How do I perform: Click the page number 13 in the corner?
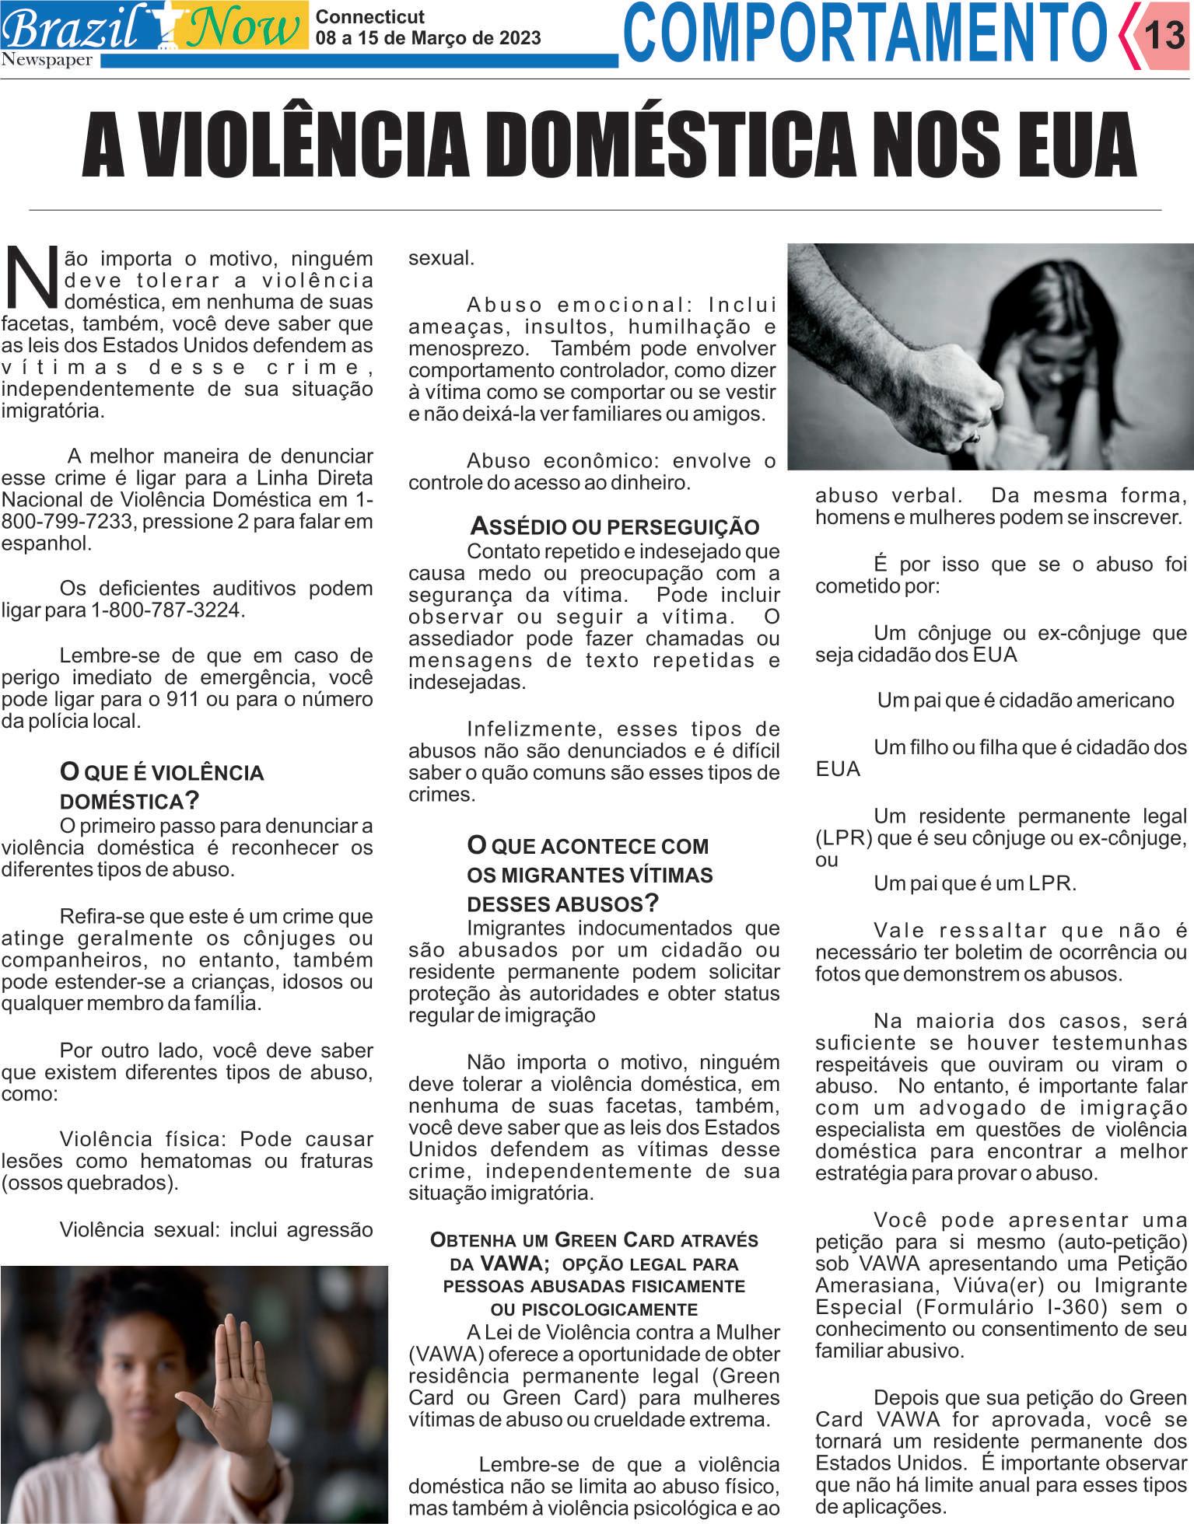1164,35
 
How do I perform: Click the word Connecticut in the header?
370,16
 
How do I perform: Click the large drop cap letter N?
32,277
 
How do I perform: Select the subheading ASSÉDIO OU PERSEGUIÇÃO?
615,526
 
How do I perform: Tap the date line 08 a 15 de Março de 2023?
428,38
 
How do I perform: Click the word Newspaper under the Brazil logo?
47,61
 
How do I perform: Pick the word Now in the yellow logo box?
243,27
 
